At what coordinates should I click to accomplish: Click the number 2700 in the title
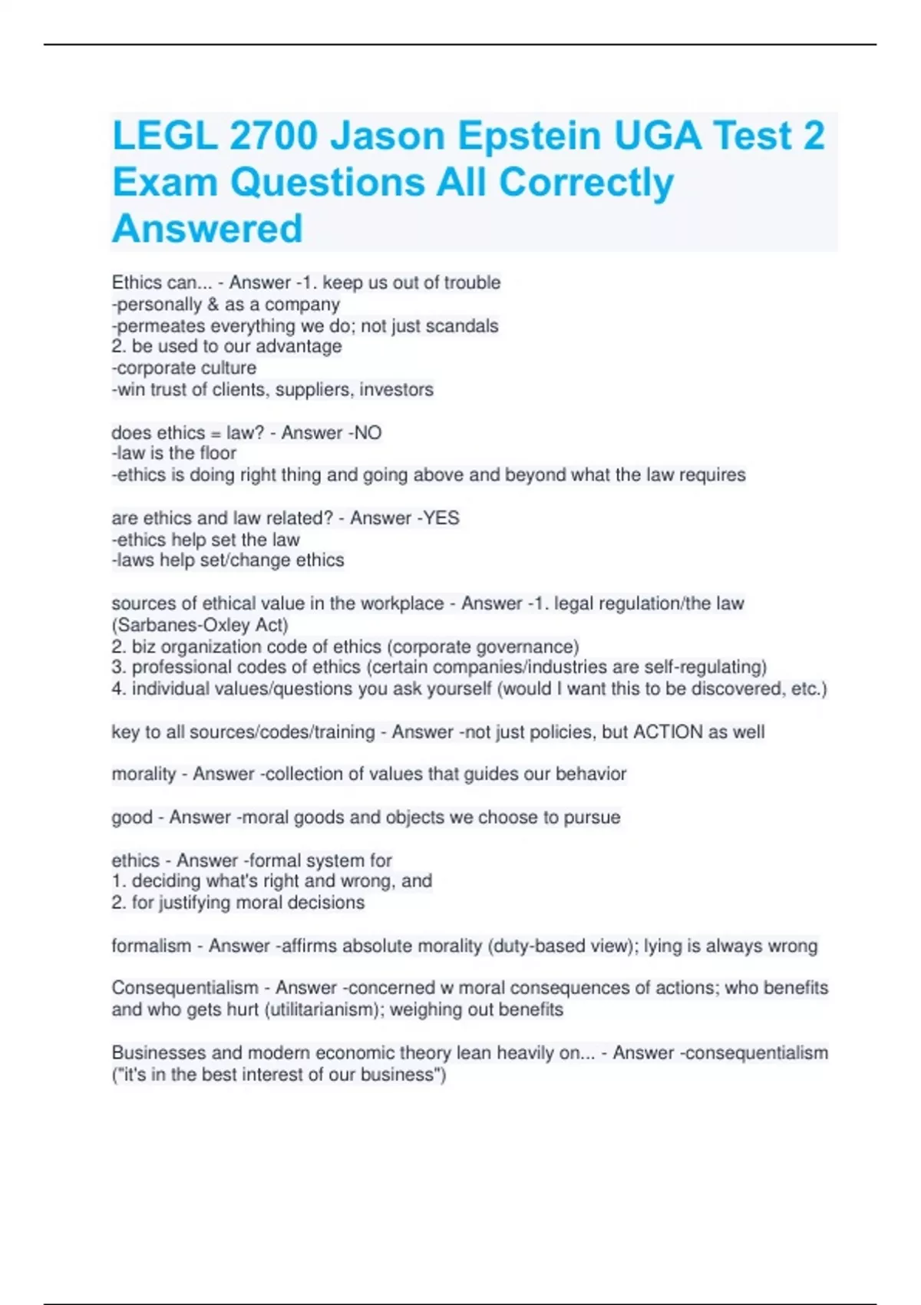point(273,136)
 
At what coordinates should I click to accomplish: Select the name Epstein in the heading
point(530,136)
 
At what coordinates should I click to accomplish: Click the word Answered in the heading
point(207,229)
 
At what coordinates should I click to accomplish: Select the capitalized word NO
point(367,433)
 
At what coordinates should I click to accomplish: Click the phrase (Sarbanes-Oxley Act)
point(200,625)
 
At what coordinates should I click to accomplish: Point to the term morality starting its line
point(144,774)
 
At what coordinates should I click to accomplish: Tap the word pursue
point(592,817)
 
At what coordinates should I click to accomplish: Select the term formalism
point(151,946)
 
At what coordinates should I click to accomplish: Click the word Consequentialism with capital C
point(185,988)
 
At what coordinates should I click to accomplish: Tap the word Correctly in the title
point(586,183)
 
